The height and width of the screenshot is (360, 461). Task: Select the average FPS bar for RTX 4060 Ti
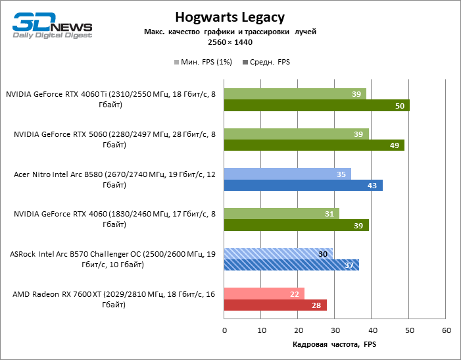[x=316, y=106]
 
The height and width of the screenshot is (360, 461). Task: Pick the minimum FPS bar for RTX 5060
[x=296, y=134]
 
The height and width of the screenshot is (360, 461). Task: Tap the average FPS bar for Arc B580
[x=303, y=186]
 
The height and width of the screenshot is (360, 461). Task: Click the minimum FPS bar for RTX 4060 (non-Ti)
[x=281, y=213]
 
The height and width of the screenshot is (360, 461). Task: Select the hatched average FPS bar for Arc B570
[x=291, y=265]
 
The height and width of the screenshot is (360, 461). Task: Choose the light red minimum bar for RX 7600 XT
[x=264, y=294]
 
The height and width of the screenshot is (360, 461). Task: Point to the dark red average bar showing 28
[x=276, y=305]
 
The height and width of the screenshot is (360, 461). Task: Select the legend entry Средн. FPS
[x=266, y=62]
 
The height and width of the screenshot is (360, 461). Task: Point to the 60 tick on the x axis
[x=447, y=330]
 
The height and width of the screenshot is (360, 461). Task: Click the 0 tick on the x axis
[x=224, y=330]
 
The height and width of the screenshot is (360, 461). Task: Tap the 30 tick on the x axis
[x=335, y=330]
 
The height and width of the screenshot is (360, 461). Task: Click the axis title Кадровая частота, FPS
[x=334, y=345]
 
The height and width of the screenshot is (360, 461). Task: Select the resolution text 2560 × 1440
[x=230, y=42]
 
